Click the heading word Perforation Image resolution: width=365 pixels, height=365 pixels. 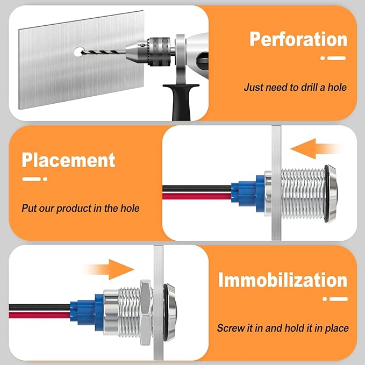(298, 39)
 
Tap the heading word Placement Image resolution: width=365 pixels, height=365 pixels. (68, 160)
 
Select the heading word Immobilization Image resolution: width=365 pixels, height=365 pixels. (283, 280)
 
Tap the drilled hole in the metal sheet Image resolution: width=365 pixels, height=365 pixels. (79, 52)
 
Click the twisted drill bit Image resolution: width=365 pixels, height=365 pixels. (103, 52)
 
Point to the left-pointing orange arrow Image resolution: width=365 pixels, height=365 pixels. (316, 149)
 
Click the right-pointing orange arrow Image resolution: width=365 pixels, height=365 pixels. (108, 269)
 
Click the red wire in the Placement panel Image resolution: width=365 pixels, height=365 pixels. (197, 196)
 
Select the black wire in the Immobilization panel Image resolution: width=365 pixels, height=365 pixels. (40, 307)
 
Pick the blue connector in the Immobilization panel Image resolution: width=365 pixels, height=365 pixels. (87, 312)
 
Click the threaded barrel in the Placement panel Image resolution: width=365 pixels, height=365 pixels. (303, 194)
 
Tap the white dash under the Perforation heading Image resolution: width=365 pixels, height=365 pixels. (337, 58)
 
